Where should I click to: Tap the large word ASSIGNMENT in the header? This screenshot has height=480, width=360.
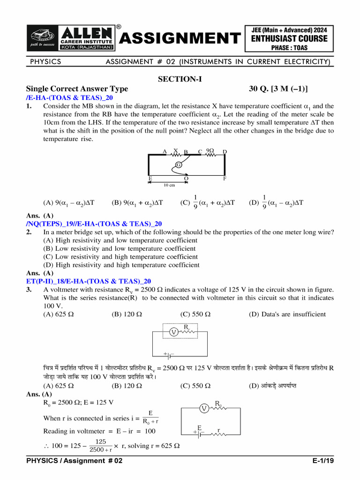click(179, 38)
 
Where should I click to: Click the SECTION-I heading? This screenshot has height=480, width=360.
click(180, 80)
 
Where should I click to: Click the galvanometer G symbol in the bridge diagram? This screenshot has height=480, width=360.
click(179, 165)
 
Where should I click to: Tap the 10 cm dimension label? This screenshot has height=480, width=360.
click(169, 185)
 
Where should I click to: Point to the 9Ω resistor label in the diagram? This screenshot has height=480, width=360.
click(210, 151)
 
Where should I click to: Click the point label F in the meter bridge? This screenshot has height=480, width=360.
click(225, 179)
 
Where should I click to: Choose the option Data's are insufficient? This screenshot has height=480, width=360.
click(287, 314)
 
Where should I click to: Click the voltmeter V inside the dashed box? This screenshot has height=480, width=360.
click(173, 332)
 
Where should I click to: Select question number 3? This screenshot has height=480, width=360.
click(29, 290)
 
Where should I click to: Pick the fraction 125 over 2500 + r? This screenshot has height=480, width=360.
click(100, 446)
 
